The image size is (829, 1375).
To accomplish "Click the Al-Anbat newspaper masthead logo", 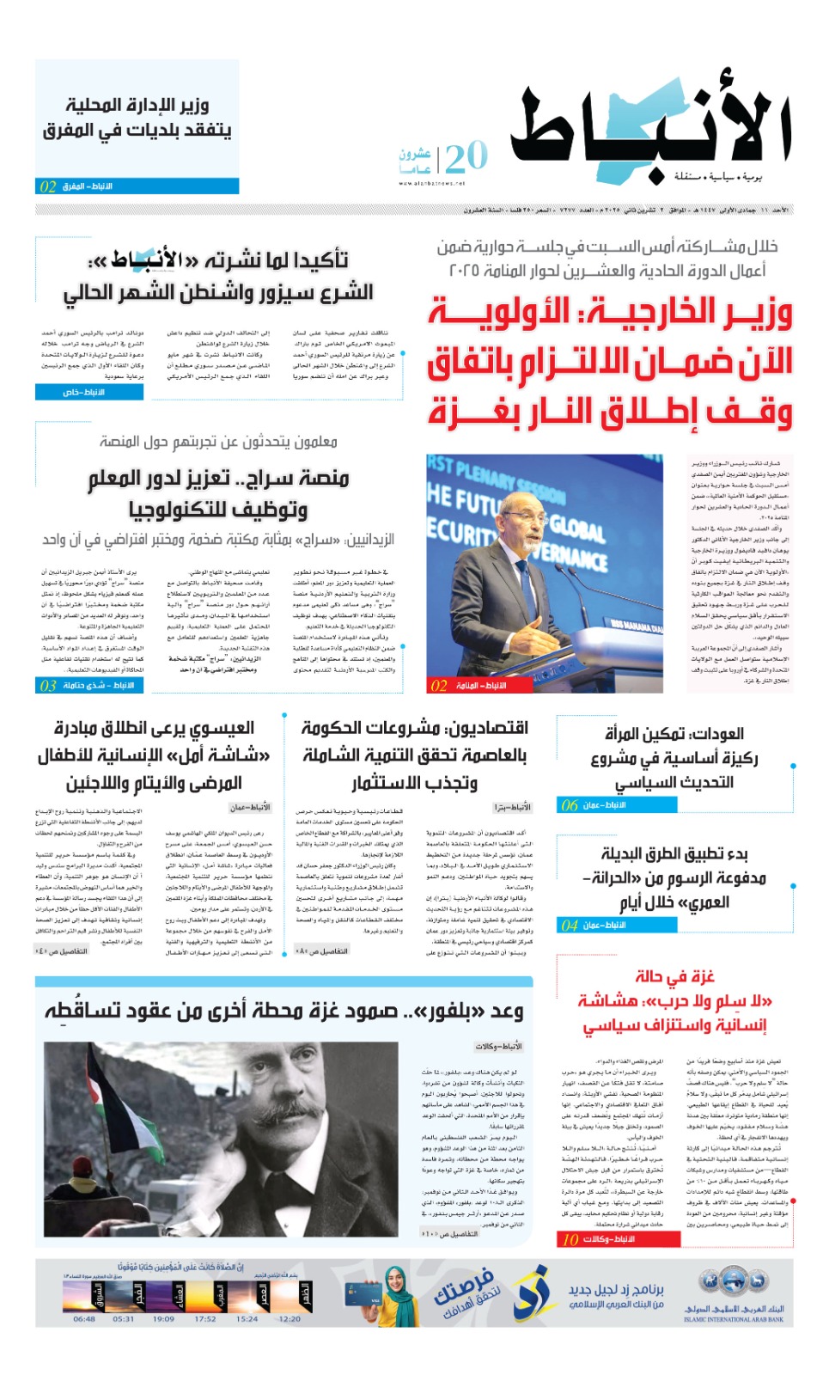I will [x=650, y=133].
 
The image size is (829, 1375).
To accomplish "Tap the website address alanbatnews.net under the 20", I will [x=431, y=183].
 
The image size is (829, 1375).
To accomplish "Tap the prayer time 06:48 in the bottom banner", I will [x=84, y=1318].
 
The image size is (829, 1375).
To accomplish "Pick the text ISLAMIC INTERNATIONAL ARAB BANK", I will [x=734, y=1319].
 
